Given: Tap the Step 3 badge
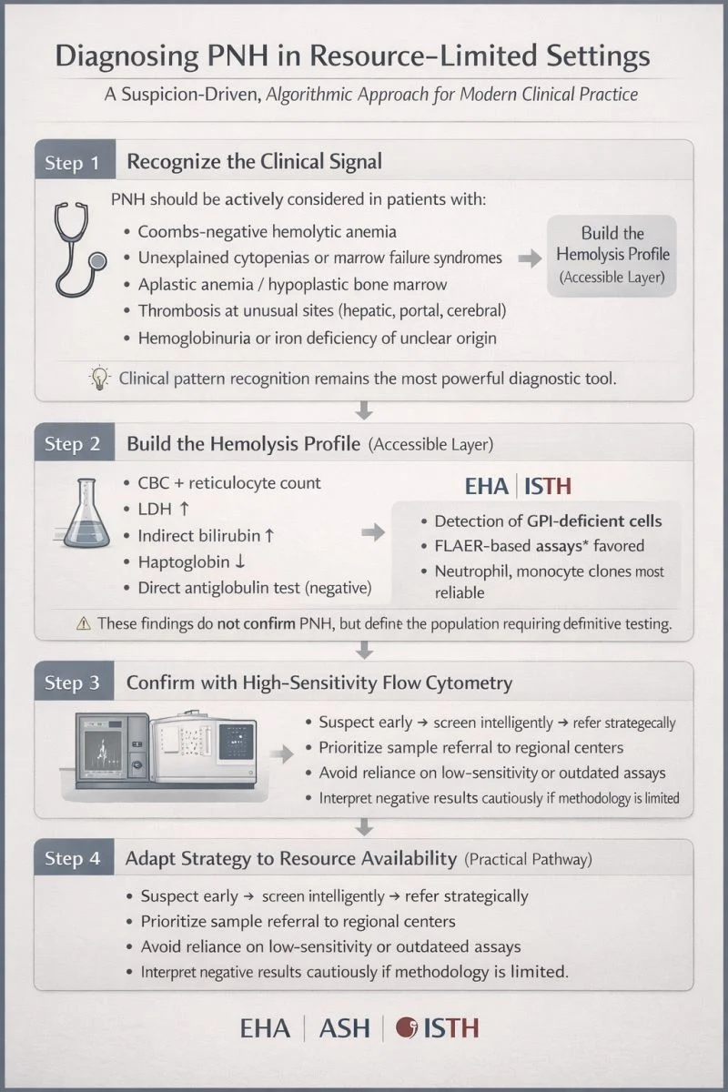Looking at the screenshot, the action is (x=74, y=681).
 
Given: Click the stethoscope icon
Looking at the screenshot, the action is (x=79, y=249).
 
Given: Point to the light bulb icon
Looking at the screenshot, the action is (x=100, y=378).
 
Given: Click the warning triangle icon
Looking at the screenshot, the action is (x=84, y=623).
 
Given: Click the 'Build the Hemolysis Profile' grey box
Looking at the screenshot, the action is (x=612, y=256).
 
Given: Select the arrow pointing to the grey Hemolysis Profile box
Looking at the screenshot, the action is (x=530, y=258).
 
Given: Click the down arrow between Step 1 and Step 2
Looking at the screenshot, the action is (x=364, y=410).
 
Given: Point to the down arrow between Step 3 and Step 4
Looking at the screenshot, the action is (x=364, y=827).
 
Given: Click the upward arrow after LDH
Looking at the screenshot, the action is (x=184, y=509).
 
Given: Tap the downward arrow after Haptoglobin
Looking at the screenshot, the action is (x=239, y=561).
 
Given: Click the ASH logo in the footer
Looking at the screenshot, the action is (x=344, y=1028).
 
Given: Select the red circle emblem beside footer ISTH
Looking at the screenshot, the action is (x=406, y=1027).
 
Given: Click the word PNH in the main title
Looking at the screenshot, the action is (x=238, y=56).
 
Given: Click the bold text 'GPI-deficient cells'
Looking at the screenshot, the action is (x=594, y=521).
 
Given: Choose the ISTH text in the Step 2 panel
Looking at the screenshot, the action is (x=548, y=487).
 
